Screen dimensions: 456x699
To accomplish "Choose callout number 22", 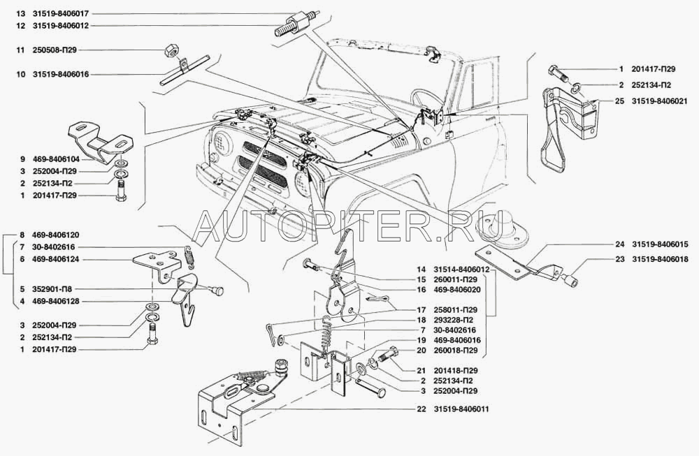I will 421,409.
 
